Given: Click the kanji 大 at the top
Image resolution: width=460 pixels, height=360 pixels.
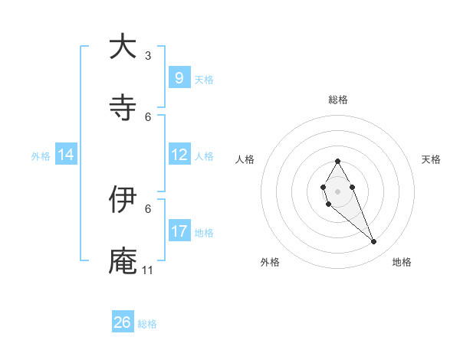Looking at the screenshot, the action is point(123,47).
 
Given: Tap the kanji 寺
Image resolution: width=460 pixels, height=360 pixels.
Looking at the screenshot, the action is point(123,107).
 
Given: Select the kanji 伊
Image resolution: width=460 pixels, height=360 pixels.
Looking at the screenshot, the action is point(123,199).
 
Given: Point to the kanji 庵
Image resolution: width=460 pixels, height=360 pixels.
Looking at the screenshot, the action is point(123,260).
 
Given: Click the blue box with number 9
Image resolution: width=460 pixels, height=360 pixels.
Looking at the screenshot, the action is point(179,77).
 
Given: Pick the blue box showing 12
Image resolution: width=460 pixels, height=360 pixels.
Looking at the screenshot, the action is point(179,155).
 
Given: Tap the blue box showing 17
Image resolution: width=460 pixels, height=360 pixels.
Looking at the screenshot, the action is point(179,231).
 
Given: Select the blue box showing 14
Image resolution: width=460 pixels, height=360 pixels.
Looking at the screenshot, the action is point(66,155).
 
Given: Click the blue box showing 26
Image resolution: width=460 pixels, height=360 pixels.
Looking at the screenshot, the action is point(123,322).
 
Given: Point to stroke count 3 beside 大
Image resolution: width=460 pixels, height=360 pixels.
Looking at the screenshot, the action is point(148,55).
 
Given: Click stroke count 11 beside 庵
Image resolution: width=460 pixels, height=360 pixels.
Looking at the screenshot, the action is point(148,270).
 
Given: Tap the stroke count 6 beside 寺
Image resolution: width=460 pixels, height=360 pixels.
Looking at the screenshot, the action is point(148,116).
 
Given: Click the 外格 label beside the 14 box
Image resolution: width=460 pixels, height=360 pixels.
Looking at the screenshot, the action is point(41,155).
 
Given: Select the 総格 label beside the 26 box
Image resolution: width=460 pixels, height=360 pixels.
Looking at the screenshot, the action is point(147,324).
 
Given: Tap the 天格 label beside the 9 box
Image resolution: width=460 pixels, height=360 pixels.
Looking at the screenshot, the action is point(204,79).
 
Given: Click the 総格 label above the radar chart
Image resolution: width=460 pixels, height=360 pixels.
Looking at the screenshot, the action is point(337,100).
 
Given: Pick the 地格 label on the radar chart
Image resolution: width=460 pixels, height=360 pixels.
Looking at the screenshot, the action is point(402,262).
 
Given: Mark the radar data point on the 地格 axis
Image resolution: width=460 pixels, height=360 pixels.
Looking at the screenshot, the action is point(374,241).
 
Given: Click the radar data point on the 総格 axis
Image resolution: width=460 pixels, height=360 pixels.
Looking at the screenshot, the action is point(337,161).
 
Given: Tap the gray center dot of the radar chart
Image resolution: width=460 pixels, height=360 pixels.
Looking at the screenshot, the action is point(337,190).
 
